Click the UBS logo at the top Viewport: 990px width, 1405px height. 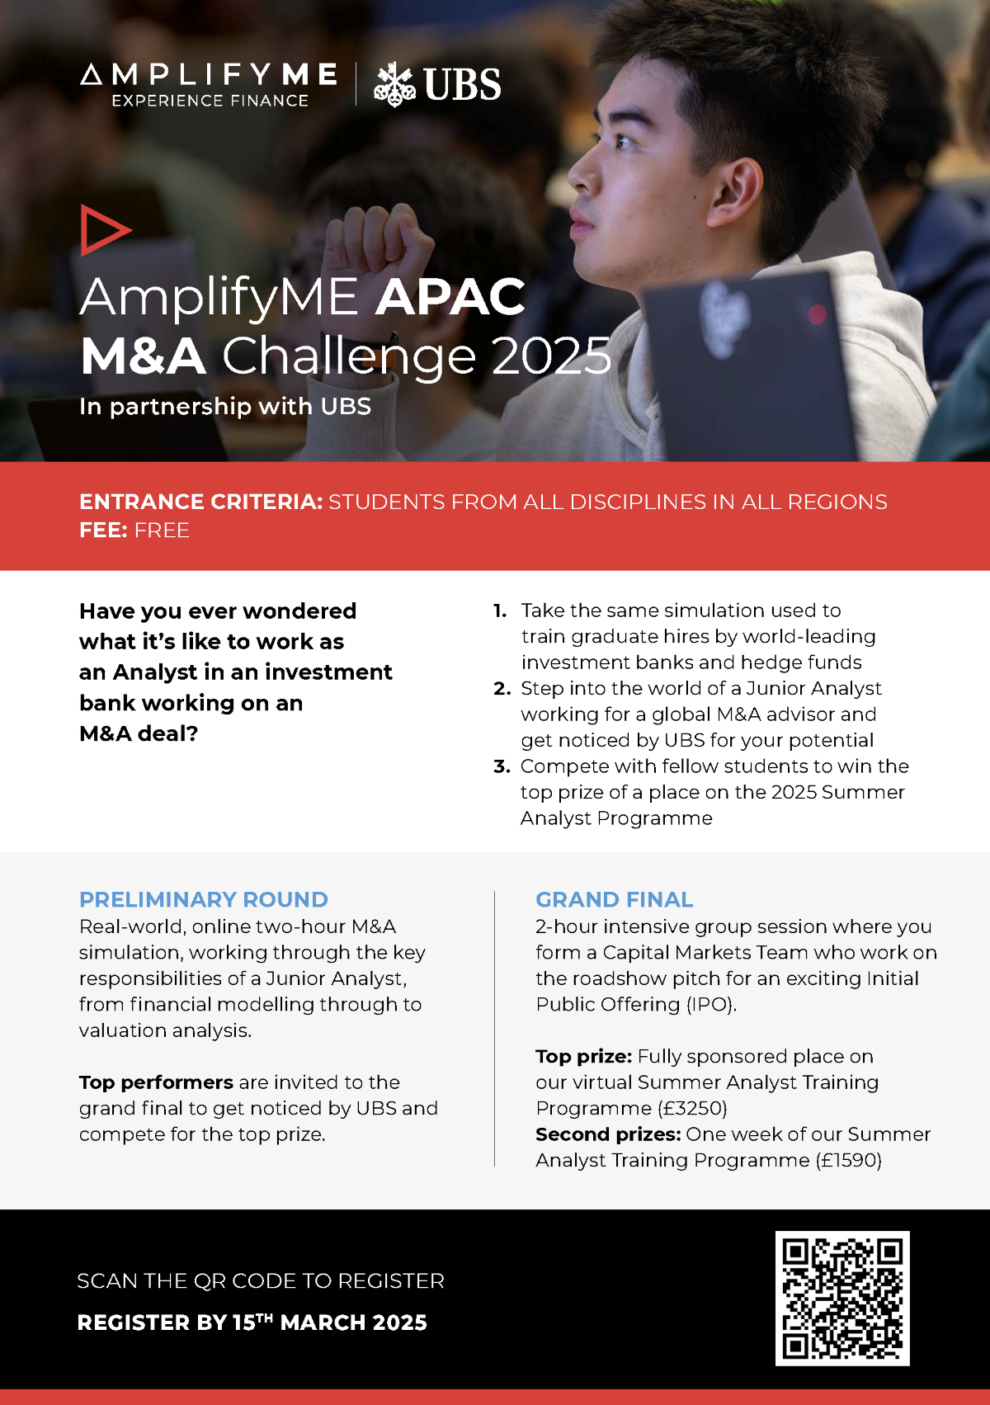click(437, 84)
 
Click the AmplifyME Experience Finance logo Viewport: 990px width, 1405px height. click(209, 84)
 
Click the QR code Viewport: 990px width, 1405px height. click(842, 1298)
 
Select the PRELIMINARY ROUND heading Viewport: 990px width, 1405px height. click(204, 899)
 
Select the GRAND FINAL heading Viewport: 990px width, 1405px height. click(614, 899)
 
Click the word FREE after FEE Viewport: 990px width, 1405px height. click(162, 530)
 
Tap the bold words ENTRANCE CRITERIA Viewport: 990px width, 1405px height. click(200, 502)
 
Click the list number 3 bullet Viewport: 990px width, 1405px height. click(502, 766)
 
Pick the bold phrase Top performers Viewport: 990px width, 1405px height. click(156, 1082)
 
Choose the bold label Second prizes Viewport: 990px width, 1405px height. click(608, 1134)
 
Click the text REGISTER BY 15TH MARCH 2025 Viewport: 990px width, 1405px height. click(252, 1322)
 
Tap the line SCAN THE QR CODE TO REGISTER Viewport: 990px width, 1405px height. click(260, 1281)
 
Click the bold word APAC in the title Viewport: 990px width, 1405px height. click(450, 297)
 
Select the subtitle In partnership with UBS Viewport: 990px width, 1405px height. click(225, 407)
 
